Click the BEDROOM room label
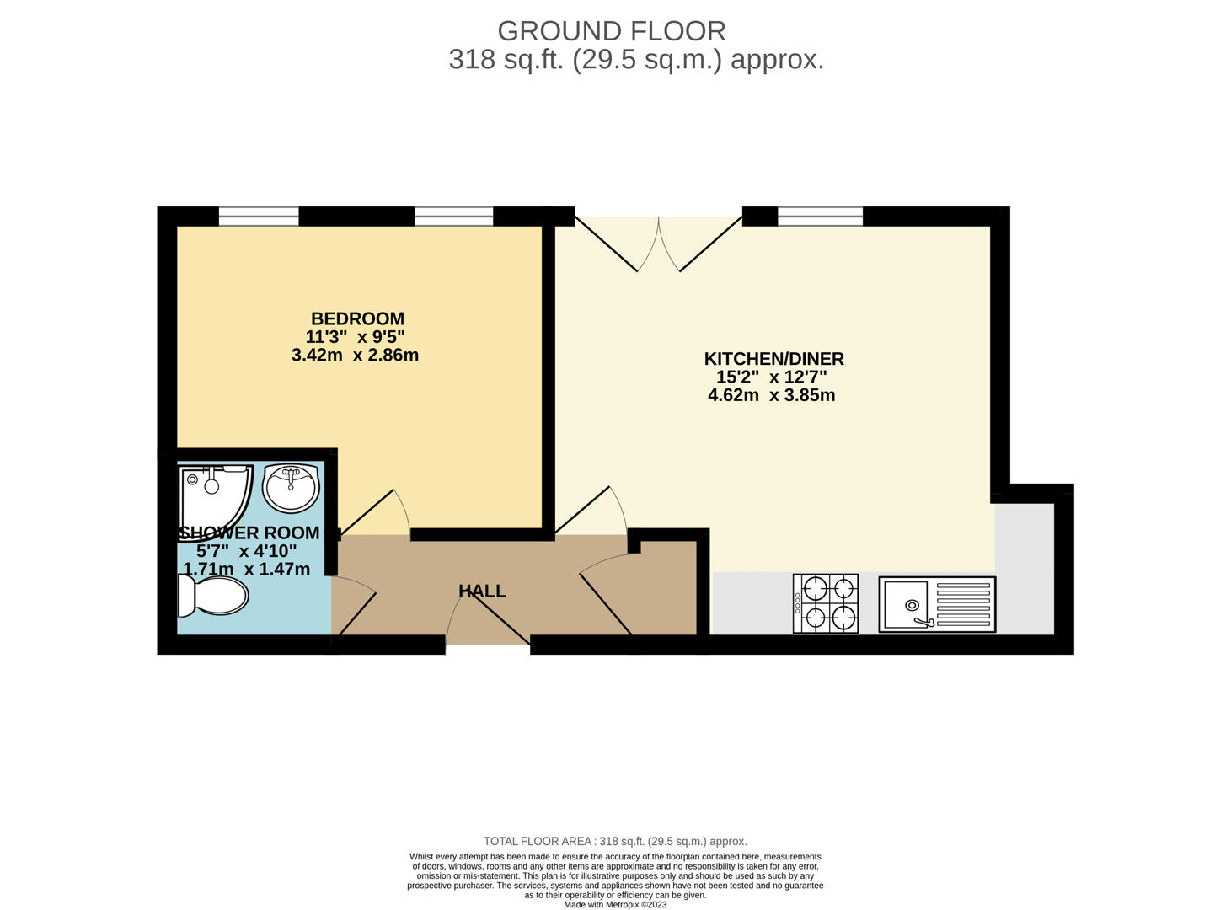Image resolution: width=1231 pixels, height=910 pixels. (x=357, y=318)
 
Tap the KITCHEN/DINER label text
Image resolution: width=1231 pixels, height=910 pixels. (x=773, y=359)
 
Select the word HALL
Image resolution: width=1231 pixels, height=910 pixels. (x=482, y=591)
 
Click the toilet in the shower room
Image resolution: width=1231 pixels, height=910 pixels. (x=212, y=596)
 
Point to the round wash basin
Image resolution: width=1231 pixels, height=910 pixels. (x=291, y=488)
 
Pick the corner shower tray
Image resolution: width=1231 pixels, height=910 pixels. (x=216, y=495)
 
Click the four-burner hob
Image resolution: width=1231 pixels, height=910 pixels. (x=826, y=603)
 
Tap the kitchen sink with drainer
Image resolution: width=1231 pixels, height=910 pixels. (x=937, y=604)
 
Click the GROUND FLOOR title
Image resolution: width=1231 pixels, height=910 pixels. (x=612, y=31)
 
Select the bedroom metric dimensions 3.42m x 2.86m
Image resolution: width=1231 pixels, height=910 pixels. (x=356, y=355)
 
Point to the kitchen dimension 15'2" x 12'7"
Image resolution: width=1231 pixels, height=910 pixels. (x=772, y=377)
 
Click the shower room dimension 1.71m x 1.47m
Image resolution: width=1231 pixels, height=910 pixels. (x=246, y=569)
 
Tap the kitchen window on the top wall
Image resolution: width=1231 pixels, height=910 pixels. (x=821, y=216)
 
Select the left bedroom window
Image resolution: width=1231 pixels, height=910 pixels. (x=259, y=216)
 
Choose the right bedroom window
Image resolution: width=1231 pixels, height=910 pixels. (x=454, y=216)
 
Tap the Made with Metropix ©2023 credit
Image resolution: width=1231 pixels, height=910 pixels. (x=615, y=904)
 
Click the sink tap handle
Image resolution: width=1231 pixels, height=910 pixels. (x=923, y=623)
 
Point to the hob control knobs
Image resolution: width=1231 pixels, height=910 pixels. (x=798, y=603)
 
